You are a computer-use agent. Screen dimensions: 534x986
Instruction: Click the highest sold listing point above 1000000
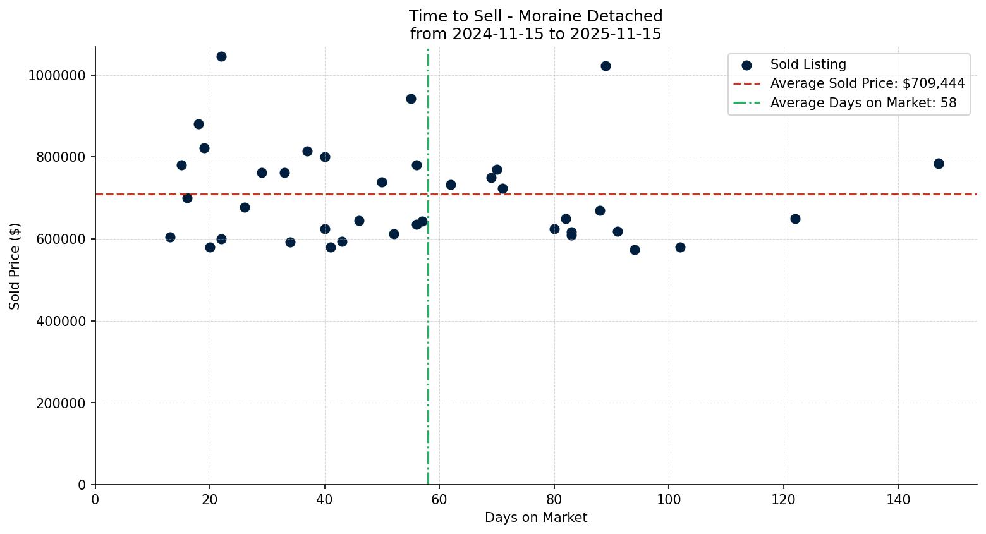click(x=221, y=56)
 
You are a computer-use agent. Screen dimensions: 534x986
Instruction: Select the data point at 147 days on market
click(x=939, y=164)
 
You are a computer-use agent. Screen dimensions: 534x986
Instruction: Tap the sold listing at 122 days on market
click(x=795, y=219)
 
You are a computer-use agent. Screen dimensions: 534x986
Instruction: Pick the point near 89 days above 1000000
click(x=606, y=66)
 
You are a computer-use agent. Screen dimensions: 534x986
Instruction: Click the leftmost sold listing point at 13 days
click(x=170, y=237)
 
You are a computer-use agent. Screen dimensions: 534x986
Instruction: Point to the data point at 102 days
click(x=680, y=247)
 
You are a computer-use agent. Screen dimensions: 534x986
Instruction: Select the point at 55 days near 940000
click(x=411, y=99)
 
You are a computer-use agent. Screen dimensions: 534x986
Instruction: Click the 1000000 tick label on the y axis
click(x=57, y=75)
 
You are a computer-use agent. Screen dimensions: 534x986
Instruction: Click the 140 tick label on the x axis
click(x=898, y=500)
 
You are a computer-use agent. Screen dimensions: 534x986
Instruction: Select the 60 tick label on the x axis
click(x=439, y=500)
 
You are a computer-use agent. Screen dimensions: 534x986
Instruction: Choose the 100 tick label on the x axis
click(x=669, y=500)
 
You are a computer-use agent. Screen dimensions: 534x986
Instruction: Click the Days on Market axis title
click(x=536, y=518)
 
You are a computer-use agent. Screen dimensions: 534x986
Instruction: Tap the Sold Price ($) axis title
click(x=15, y=266)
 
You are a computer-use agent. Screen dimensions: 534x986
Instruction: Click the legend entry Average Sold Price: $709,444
click(x=867, y=83)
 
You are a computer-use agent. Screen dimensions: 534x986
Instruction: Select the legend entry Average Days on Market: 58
click(x=863, y=103)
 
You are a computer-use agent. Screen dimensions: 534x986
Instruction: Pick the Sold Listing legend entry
click(x=808, y=64)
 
